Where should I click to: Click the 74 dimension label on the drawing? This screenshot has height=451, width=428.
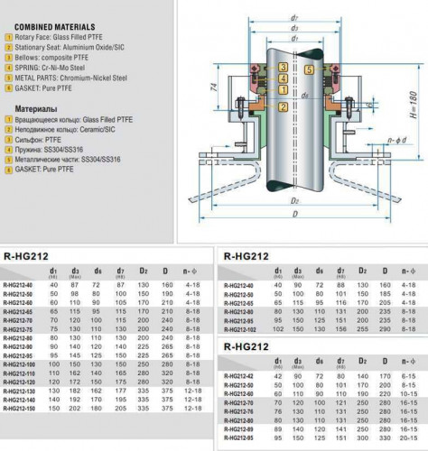(213, 90)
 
